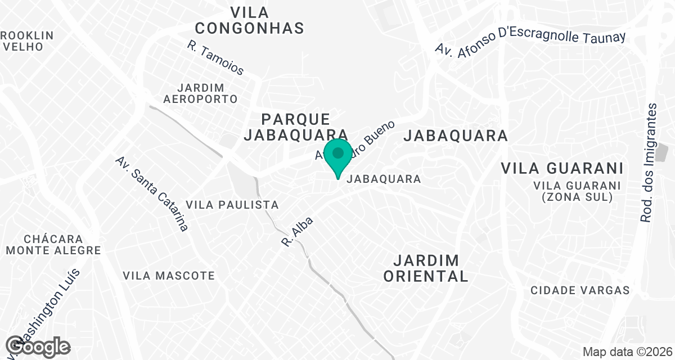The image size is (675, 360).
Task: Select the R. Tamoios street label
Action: (216, 57)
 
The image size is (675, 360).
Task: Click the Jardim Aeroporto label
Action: (200, 93)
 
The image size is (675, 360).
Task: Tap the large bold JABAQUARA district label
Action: (456, 136)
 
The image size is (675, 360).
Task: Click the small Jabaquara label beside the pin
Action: (384, 179)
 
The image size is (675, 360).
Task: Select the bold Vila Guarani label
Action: (562, 168)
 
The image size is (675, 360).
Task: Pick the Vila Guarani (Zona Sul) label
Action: (577, 191)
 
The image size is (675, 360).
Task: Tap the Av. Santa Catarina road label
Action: (151, 194)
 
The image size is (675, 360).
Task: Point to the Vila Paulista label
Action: (232, 204)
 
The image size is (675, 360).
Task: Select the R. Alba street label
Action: (296, 232)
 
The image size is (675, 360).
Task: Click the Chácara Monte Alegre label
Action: (53, 245)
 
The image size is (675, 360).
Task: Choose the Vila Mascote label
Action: (169, 276)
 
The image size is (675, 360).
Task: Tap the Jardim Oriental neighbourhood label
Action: (431, 268)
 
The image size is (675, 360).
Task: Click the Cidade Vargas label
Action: (580, 290)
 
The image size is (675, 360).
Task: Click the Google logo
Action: (38, 346)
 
